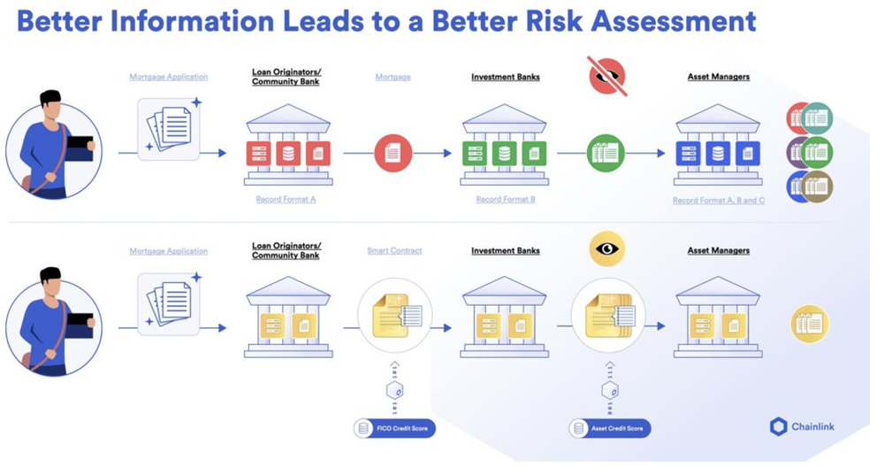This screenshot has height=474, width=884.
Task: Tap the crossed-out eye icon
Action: pos(606,76)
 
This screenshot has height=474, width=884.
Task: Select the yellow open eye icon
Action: pos(606,249)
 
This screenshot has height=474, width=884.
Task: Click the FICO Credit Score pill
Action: pos(394,428)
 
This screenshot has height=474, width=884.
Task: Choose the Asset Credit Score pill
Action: pos(610,428)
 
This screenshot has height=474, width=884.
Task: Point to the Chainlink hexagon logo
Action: pos(778,427)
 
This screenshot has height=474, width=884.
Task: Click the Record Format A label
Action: pos(286,200)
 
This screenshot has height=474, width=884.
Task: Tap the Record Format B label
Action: pos(505,200)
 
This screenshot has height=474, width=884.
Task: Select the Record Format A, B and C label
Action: pos(718,201)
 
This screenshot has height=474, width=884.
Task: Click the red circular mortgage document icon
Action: pos(392,153)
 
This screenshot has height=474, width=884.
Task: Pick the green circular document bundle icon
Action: pos(606,153)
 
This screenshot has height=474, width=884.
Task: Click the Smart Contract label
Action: pos(394,251)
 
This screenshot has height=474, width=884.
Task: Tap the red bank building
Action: pos(288,145)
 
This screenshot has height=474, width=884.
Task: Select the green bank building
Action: pos(504,145)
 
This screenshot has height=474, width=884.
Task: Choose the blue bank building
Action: pos(718,145)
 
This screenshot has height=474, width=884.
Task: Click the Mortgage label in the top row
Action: pos(392,77)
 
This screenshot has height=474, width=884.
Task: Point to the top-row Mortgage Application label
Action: pos(168,77)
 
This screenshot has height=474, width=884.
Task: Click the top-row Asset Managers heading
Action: pos(718,77)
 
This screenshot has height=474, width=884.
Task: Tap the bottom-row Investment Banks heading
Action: pos(505,251)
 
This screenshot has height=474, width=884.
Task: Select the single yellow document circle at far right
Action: pos(809,324)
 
